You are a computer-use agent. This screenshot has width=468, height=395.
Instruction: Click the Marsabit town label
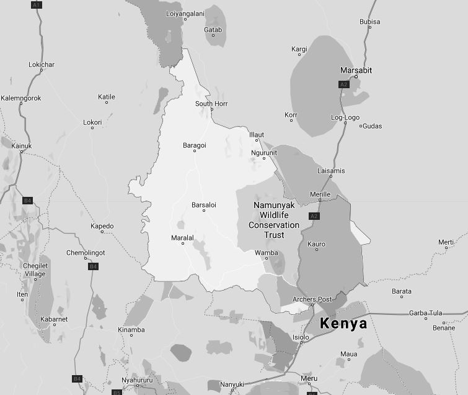(x=356, y=70)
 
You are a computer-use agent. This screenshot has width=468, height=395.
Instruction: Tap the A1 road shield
(x=36, y=5)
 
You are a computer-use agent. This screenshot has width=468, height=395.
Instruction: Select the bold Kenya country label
(x=343, y=324)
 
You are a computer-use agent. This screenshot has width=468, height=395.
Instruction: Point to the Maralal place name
(x=183, y=237)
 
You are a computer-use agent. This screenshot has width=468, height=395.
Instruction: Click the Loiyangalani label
(x=185, y=13)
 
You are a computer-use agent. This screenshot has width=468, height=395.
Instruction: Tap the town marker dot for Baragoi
(x=195, y=151)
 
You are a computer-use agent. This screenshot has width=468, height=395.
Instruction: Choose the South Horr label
(x=211, y=104)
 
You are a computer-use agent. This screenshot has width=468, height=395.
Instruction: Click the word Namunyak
(x=274, y=205)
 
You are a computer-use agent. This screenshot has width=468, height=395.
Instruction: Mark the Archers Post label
(x=312, y=299)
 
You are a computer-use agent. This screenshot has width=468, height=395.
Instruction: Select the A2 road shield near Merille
(x=314, y=216)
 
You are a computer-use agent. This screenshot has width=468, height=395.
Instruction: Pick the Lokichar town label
(x=42, y=65)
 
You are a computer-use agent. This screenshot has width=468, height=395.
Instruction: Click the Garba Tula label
(x=425, y=313)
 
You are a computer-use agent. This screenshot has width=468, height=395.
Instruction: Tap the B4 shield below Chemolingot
(x=93, y=266)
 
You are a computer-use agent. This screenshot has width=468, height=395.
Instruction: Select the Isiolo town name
(x=301, y=337)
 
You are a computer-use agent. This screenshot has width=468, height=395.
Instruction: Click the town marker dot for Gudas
(x=361, y=126)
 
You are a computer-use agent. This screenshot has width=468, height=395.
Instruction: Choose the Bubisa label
(x=369, y=22)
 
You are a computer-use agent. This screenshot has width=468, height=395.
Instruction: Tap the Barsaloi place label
(x=203, y=205)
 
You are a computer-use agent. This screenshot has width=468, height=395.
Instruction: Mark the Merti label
(x=446, y=242)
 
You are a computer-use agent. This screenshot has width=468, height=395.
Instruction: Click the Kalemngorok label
(x=20, y=98)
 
